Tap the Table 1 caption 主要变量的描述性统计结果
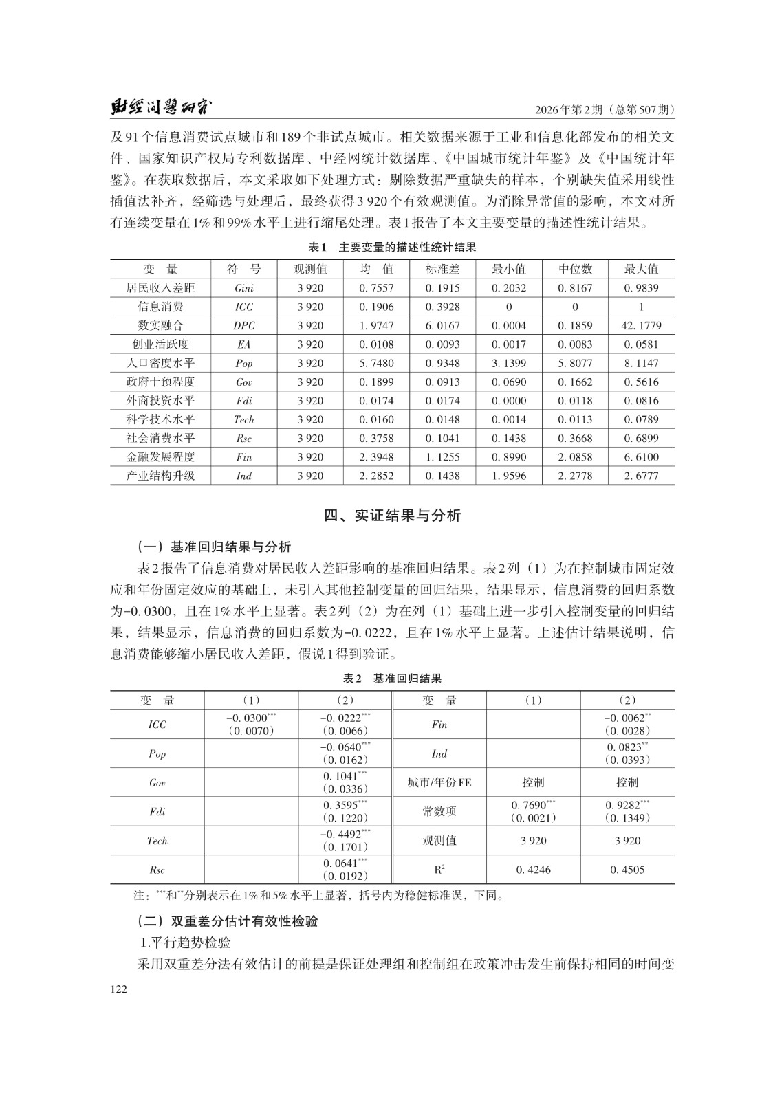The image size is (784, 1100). tap(407, 247)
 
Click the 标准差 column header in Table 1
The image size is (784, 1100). tap(442, 269)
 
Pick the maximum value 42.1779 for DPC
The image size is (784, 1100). tap(641, 326)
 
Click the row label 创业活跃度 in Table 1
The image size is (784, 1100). tap(160, 344)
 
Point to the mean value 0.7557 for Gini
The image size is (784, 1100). tap(376, 288)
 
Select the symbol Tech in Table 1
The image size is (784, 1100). tap(243, 419)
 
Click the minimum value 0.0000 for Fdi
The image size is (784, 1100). tap(509, 401)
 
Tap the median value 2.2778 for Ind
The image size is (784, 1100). tap(575, 476)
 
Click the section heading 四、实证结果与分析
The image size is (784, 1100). tap(392, 516)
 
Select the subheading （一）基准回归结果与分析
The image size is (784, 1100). tap(214, 547)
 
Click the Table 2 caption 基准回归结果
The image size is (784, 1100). tap(407, 679)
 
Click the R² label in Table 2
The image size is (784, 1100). tap(439, 870)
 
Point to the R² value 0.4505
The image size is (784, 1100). tap(627, 870)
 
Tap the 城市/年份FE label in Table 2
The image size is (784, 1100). tap(439, 782)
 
